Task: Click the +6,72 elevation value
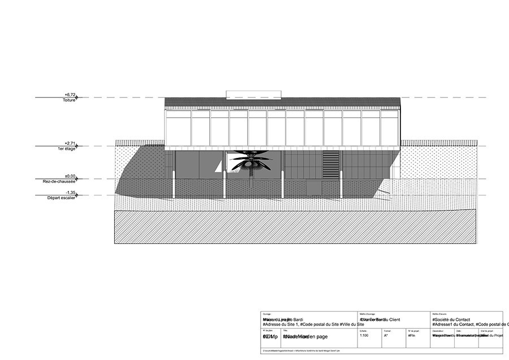70,95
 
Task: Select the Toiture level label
69,100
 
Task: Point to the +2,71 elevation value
70,143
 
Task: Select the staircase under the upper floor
331,164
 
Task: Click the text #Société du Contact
451,319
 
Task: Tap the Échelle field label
363,329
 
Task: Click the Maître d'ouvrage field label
367,314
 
